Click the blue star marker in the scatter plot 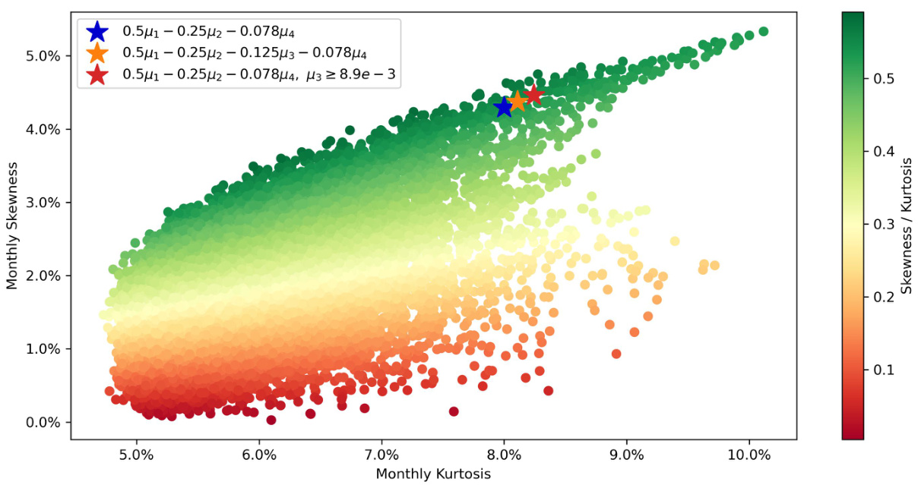(x=503, y=107)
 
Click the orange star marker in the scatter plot (x=517, y=101)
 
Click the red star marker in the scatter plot (x=533, y=94)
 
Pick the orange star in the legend (x=97, y=53)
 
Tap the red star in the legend (x=97, y=75)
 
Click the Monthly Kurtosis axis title (x=433, y=474)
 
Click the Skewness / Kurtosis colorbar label (x=907, y=224)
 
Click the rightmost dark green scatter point (x=764, y=31)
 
